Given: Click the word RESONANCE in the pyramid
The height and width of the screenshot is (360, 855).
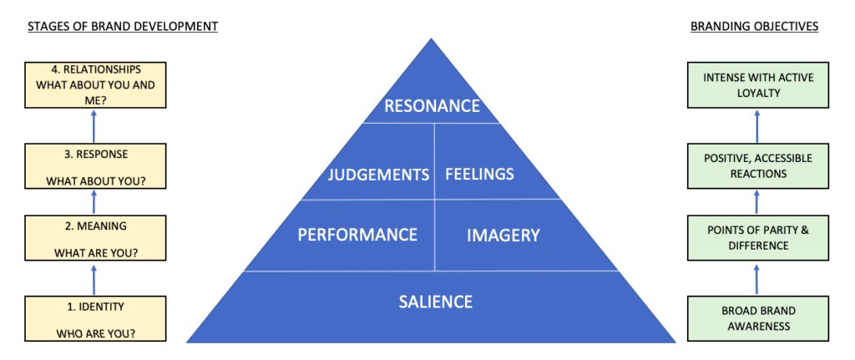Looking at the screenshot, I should (x=431, y=106).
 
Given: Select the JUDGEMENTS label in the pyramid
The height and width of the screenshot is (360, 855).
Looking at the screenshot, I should (x=377, y=175).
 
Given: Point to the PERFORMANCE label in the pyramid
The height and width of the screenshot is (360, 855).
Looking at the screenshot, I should (x=357, y=236).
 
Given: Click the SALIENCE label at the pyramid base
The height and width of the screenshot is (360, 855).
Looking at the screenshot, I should (x=435, y=302).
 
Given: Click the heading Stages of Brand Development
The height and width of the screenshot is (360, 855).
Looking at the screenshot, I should (x=123, y=27).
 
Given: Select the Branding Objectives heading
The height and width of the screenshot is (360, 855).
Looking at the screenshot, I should (x=754, y=27).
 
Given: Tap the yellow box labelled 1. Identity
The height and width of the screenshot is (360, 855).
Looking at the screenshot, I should (x=94, y=319).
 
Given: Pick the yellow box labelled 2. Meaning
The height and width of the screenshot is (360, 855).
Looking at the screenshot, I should (x=94, y=239).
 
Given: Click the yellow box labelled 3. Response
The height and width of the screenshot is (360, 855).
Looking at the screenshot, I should (x=94, y=167).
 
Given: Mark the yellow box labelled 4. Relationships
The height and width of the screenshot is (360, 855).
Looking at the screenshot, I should (x=94, y=85).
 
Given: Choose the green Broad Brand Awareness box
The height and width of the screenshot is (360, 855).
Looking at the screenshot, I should (x=757, y=318).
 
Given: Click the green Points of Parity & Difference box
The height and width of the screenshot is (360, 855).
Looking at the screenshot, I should (x=757, y=238).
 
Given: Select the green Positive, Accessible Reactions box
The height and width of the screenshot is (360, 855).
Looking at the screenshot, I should (x=757, y=166).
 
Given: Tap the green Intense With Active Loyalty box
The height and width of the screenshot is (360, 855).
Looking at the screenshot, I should (x=757, y=85).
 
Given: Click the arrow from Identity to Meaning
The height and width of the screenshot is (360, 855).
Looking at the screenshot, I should (x=94, y=279).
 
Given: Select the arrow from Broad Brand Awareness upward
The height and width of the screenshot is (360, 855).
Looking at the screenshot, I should (x=757, y=278).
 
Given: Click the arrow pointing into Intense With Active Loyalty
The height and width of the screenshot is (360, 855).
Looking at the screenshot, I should (x=757, y=126).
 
